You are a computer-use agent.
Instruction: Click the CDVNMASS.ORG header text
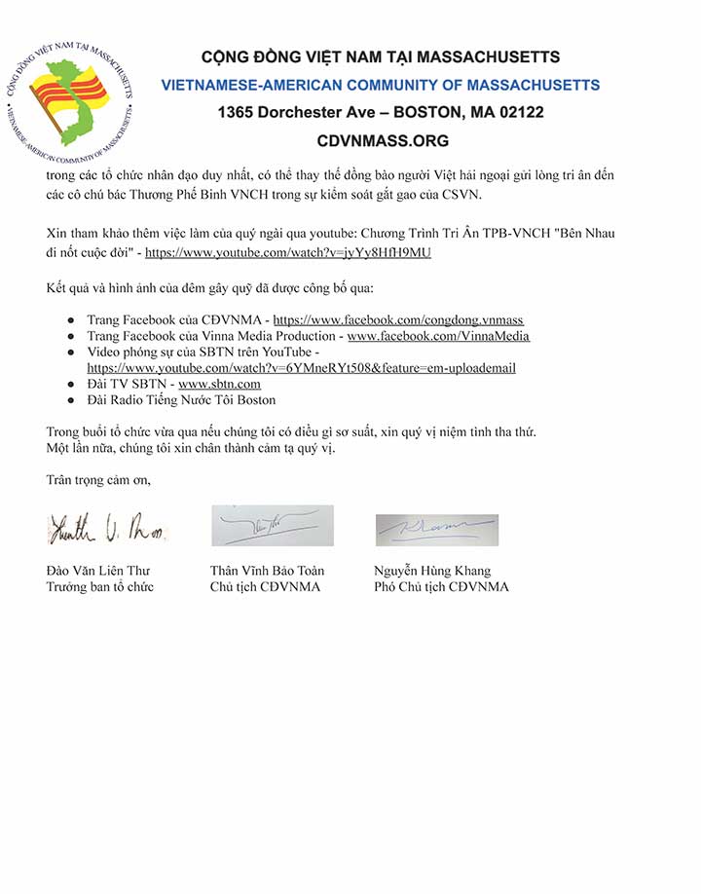(x=383, y=141)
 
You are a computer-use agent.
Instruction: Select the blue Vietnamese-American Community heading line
(x=380, y=85)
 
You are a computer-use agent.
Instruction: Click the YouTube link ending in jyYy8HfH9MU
(x=287, y=252)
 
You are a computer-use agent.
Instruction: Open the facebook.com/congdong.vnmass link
(x=398, y=319)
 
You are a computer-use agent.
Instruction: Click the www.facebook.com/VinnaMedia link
(x=438, y=336)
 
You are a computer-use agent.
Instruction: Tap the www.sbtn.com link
(x=219, y=384)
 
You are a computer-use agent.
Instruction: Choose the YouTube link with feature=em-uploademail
(x=301, y=368)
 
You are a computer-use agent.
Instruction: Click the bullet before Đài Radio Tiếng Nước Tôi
(x=71, y=400)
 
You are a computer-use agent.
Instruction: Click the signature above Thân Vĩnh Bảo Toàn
(x=273, y=526)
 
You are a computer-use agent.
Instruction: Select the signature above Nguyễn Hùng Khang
(x=437, y=530)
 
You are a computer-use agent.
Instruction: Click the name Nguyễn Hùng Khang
(x=432, y=571)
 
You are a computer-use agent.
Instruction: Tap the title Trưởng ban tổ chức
(x=99, y=586)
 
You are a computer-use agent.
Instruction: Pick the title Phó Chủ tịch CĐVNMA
(x=441, y=586)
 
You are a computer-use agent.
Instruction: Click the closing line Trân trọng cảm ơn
(x=98, y=479)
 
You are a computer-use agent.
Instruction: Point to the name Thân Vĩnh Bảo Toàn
(x=267, y=571)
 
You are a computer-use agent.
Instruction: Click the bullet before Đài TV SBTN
(x=71, y=384)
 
